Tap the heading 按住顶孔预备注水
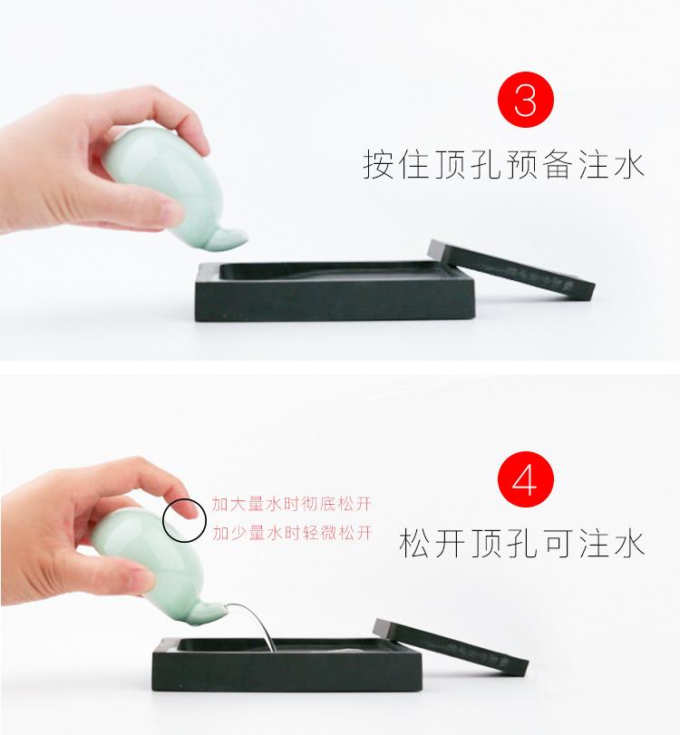(x=503, y=167)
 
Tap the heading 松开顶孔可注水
(x=521, y=544)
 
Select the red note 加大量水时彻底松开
(x=292, y=503)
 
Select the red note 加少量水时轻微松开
(x=292, y=533)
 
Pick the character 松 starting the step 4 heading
(x=416, y=544)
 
